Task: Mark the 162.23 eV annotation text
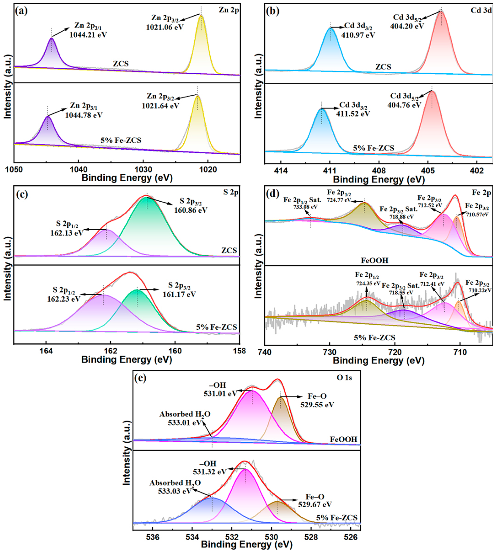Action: (64, 299)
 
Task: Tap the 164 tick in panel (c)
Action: (46, 351)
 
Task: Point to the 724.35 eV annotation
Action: (368, 283)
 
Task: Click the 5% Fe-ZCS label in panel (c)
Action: (216, 327)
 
